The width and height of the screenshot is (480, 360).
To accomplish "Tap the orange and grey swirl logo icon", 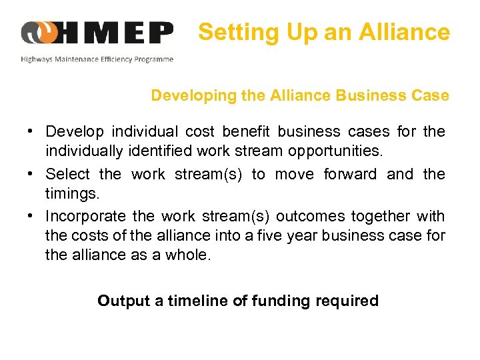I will (x=39, y=32).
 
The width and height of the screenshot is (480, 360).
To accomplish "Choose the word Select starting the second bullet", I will (x=67, y=174).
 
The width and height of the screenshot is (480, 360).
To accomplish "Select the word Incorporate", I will (x=85, y=216).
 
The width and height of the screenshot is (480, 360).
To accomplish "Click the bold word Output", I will (x=123, y=301).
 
